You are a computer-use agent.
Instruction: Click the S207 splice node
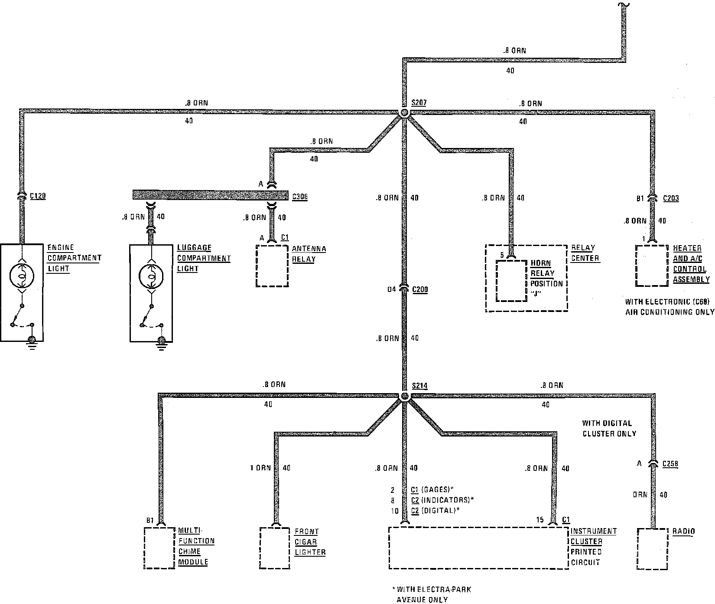point(404,112)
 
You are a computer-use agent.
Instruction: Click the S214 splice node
point(404,396)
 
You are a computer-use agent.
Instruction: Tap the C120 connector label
point(38,196)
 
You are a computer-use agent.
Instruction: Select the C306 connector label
point(300,197)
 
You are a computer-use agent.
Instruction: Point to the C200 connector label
point(420,289)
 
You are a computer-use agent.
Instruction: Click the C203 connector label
point(671,198)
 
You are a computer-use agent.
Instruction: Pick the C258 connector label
point(670,464)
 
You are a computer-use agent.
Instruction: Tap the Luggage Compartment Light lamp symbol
point(151,275)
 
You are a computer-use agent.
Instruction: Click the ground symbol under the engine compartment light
point(32,343)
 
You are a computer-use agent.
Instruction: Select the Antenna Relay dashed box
point(272,266)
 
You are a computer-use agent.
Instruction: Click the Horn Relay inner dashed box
point(511,280)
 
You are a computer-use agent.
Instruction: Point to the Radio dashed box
point(653,548)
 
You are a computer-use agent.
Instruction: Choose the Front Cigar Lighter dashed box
point(275,548)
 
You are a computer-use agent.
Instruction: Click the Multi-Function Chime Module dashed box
point(159,548)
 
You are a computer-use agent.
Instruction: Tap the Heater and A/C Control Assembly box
point(651,266)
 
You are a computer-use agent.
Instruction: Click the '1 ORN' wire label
point(260,468)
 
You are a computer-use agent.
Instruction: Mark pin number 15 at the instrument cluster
point(539,520)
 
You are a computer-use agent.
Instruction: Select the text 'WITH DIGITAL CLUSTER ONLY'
point(609,428)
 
